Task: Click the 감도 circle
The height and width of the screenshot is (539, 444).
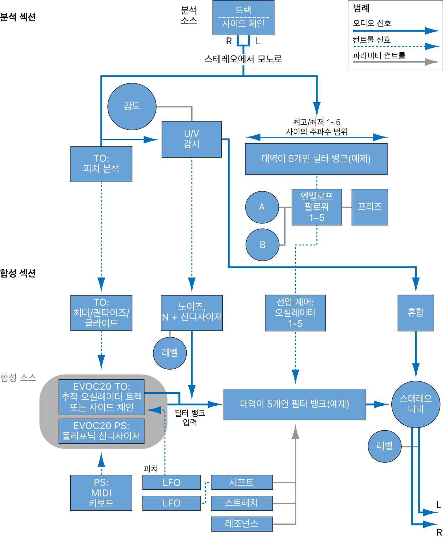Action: click(x=132, y=106)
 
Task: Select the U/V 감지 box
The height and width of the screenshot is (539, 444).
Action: click(x=192, y=139)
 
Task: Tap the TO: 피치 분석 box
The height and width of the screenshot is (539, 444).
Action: click(x=101, y=164)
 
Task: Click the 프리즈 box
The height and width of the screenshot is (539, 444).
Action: click(x=370, y=207)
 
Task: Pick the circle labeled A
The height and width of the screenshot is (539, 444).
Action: click(x=262, y=207)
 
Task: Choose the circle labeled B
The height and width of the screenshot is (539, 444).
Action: click(x=262, y=245)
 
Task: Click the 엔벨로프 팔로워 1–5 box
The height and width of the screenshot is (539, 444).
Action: click(x=317, y=207)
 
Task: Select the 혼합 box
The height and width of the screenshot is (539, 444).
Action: click(x=416, y=313)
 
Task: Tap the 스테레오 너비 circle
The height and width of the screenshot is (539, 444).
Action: click(x=416, y=404)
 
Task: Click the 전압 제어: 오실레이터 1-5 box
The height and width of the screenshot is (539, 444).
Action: click(x=295, y=313)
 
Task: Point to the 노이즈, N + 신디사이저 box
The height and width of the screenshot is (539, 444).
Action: click(x=192, y=313)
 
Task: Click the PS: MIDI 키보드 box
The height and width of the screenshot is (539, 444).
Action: click(x=101, y=493)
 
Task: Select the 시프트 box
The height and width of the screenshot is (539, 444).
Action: click(x=242, y=482)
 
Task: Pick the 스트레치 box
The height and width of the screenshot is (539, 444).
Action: click(x=242, y=503)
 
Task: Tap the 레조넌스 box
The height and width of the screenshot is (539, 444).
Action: click(x=242, y=524)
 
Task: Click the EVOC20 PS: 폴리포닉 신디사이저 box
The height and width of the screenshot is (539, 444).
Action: click(x=101, y=431)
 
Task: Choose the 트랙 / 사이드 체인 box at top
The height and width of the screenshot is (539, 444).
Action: click(x=243, y=18)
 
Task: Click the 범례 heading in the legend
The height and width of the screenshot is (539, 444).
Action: click(x=361, y=8)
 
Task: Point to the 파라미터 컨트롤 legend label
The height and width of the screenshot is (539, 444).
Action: click(x=379, y=55)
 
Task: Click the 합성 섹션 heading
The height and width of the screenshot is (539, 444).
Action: click(x=18, y=273)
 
